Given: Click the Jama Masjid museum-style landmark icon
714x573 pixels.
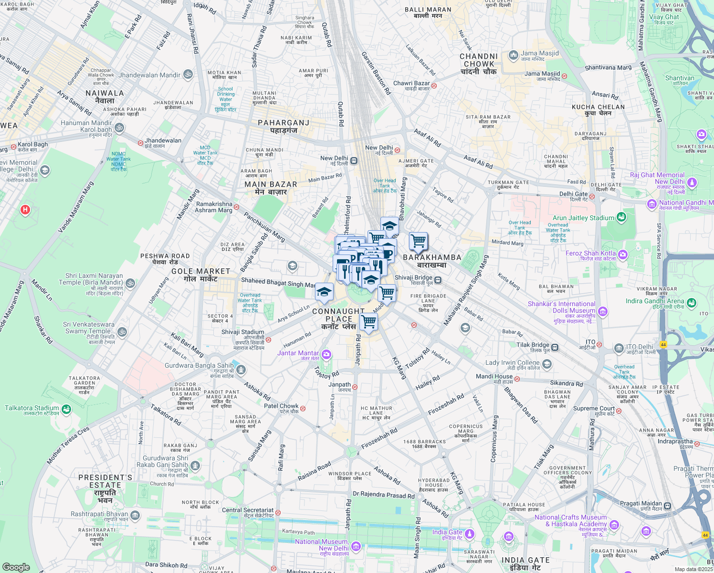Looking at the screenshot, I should (x=513, y=55).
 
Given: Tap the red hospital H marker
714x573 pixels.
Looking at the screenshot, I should (x=25, y=210).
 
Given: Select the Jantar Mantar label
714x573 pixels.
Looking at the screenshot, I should (x=298, y=353).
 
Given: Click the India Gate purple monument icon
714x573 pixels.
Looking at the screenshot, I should (x=470, y=533).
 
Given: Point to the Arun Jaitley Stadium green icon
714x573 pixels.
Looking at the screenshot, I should (x=621, y=217).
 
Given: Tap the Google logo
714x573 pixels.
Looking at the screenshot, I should (x=16, y=567).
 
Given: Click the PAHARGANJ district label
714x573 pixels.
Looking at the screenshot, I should (x=283, y=127).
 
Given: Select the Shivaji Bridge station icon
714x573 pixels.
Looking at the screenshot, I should (x=438, y=280).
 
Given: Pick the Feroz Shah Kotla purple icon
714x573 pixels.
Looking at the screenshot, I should (x=622, y=255).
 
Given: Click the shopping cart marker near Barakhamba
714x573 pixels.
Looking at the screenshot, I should (x=418, y=241).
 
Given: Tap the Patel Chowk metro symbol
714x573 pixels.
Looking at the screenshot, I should (x=303, y=409).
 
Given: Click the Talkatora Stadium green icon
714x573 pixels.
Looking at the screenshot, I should (x=66, y=409).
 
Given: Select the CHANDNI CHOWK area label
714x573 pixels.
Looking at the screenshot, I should (x=479, y=64).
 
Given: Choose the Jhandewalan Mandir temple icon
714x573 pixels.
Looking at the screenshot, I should (x=188, y=74).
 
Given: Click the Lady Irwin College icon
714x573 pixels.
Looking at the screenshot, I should (x=547, y=364).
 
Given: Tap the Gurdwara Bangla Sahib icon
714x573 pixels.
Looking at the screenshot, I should (x=241, y=369).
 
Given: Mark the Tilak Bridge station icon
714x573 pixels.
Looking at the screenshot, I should (x=555, y=347).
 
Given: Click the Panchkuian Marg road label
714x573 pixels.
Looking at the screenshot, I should (x=264, y=227).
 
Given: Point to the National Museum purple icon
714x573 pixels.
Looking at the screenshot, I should (x=356, y=546).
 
